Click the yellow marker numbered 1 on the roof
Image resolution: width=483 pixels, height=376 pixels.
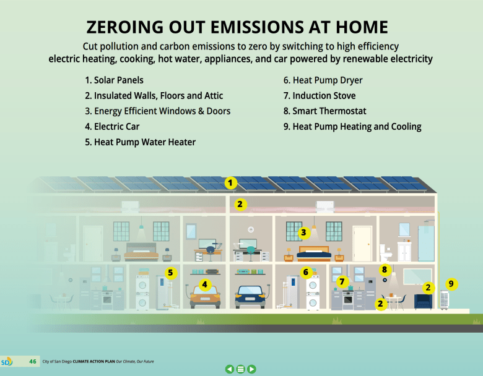pos(230,182)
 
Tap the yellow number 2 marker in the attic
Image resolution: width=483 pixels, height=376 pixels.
pos(240,203)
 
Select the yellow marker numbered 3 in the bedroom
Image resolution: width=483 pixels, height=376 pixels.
pos(303,233)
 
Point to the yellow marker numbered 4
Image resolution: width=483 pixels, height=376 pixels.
pos(204,285)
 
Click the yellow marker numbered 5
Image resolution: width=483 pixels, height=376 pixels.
pos(171,272)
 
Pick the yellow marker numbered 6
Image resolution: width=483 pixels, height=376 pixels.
pos(305,272)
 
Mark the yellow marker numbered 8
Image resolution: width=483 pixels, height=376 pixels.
pos(384,270)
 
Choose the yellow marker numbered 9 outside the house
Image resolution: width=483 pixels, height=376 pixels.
pos(451,284)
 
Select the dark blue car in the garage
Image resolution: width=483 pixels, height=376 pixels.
pos(252,296)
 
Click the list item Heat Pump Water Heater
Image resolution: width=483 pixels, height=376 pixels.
pos(140,142)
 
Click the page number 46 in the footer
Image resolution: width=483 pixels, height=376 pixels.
pos(33,361)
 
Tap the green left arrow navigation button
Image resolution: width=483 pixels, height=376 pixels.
pos(230,369)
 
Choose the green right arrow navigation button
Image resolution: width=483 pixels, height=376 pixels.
pos(252,369)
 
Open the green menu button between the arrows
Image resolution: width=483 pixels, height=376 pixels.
pos(241,369)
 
